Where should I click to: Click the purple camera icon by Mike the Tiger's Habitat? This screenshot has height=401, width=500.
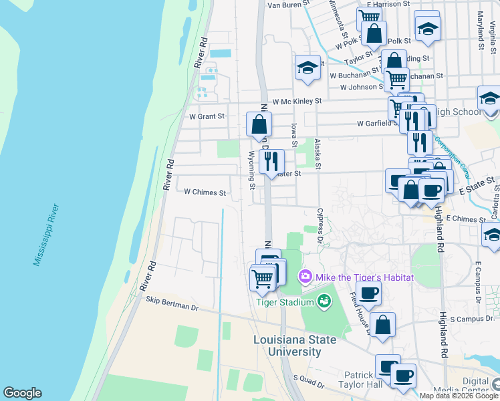point(305,276)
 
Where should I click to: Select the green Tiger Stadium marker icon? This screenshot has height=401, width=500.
point(324,301)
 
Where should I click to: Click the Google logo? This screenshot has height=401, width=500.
point(22,393)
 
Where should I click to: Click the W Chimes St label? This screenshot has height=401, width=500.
point(205,192)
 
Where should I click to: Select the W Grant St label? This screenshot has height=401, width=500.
point(207,116)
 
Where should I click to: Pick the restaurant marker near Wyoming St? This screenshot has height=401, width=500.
point(271,161)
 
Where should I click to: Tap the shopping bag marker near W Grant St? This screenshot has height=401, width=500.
point(259,124)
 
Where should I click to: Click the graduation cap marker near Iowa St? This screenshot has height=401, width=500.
point(307,68)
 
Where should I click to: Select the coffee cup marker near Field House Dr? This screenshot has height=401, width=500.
point(368,292)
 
